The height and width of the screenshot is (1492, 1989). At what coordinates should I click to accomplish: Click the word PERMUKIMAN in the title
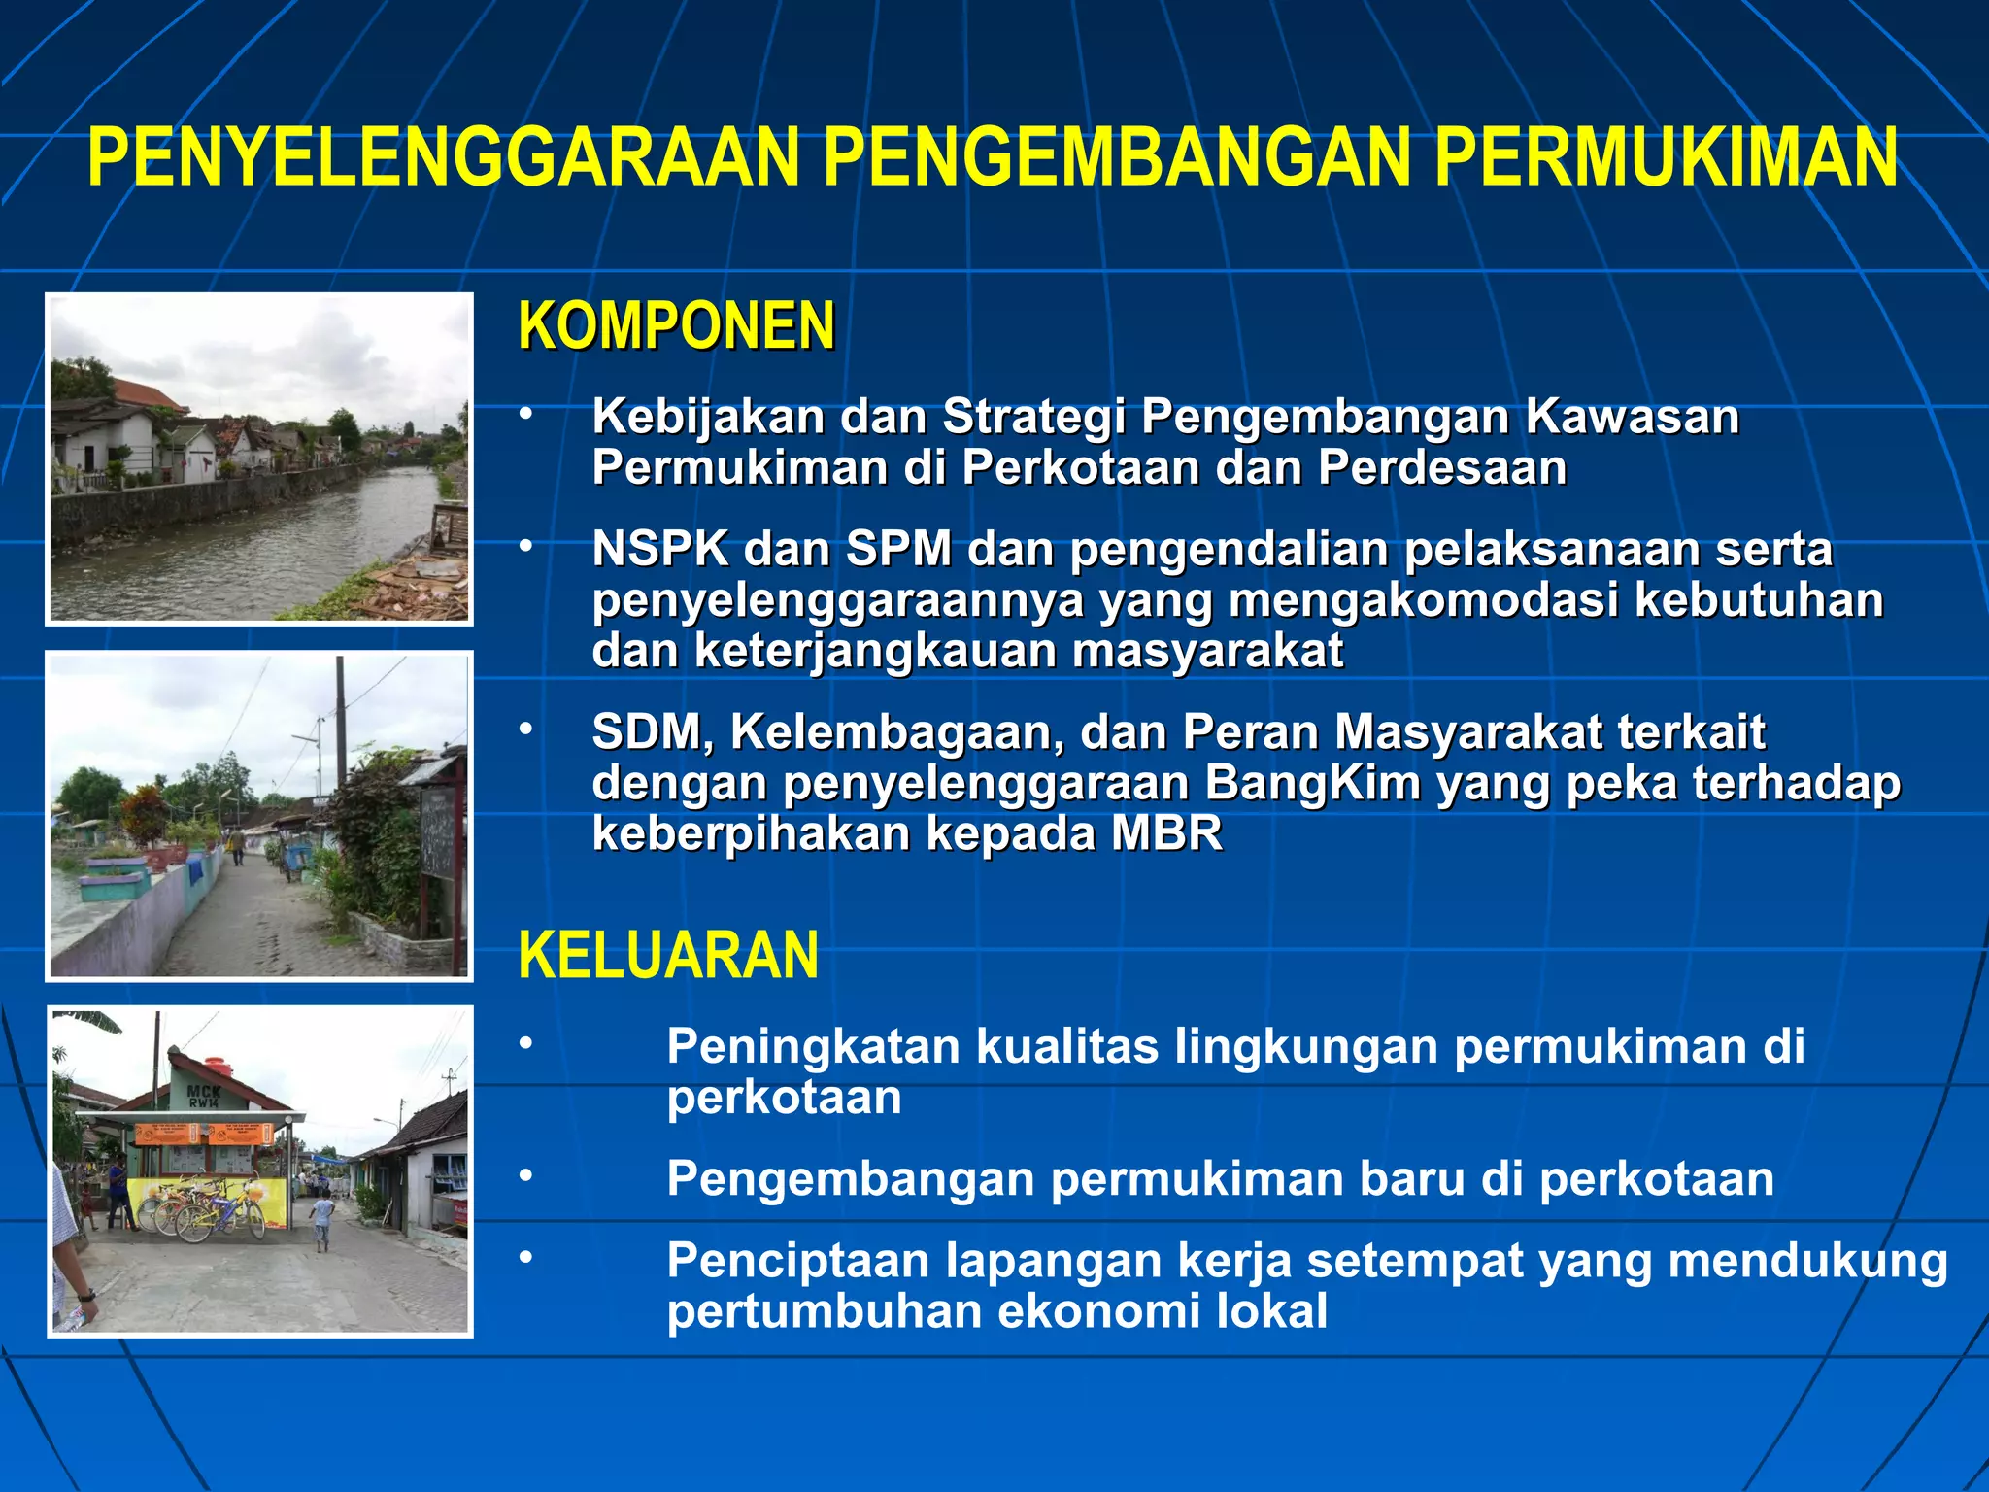[1665, 157]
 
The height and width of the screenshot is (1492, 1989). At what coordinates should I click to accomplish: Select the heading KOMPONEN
[677, 326]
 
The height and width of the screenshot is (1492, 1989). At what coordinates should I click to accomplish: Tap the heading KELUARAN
[668, 956]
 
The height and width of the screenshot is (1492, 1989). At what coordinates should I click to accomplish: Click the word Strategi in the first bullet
[1033, 418]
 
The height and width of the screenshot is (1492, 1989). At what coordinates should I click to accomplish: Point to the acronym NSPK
[660, 550]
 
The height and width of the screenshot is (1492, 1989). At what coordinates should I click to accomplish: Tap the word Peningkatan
[813, 1047]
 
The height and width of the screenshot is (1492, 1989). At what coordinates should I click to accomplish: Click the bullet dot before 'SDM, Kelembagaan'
[525, 729]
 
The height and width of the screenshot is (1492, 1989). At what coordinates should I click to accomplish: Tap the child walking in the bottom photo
[322, 1222]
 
